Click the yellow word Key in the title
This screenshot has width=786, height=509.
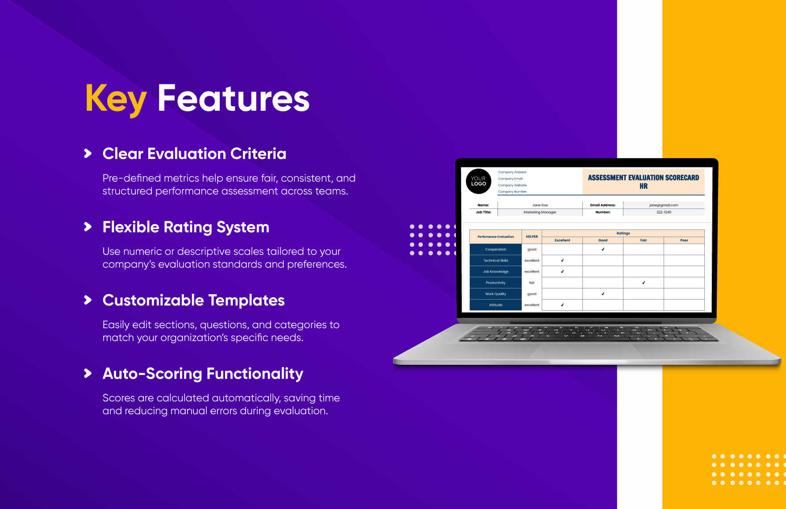click(116, 99)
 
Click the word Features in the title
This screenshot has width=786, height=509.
click(234, 98)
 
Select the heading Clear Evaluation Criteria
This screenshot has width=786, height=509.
click(194, 154)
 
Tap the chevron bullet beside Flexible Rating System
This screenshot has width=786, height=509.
click(88, 227)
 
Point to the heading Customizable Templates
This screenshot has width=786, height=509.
click(193, 300)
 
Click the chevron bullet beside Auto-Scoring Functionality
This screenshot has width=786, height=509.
click(88, 373)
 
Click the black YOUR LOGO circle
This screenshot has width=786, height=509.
click(478, 181)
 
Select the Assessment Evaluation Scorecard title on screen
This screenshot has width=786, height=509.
click(643, 182)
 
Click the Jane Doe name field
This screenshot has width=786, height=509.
click(540, 205)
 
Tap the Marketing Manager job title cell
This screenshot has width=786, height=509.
click(540, 213)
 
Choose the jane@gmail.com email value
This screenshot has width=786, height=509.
click(664, 205)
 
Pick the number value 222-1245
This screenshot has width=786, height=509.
click(664, 213)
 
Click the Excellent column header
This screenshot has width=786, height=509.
click(562, 240)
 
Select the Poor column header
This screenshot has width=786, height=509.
click(684, 240)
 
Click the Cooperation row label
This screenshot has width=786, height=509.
click(496, 250)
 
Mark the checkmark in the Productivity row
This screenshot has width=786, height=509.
click(644, 283)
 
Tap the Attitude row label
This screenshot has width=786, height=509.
click(496, 305)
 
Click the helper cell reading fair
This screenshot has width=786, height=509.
click(532, 283)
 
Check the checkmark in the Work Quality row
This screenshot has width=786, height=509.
click(603, 294)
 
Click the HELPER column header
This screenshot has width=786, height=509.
click(532, 237)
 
